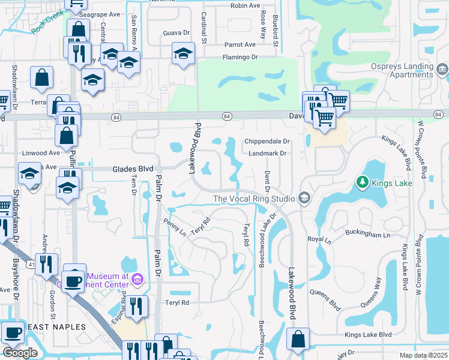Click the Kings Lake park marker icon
(362, 182)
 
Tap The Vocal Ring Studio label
(253, 199)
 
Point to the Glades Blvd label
(133, 169)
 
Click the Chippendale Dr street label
(267, 142)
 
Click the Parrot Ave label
(240, 45)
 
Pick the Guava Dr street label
(176, 34)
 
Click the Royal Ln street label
(319, 239)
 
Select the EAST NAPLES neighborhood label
(56, 327)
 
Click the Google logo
(20, 353)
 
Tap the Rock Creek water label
(47, 26)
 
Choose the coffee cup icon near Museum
(74, 280)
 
